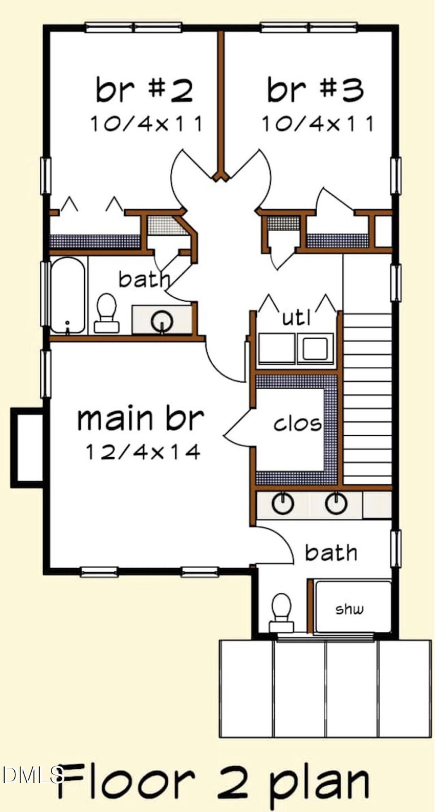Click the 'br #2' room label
point(144,89)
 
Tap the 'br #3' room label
point(315,89)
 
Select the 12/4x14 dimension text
point(143,452)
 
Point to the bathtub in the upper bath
point(68,295)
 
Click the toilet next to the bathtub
point(107,312)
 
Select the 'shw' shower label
point(350,609)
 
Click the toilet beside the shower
point(281,613)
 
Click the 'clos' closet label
point(297,424)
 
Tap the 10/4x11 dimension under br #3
point(318,124)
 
